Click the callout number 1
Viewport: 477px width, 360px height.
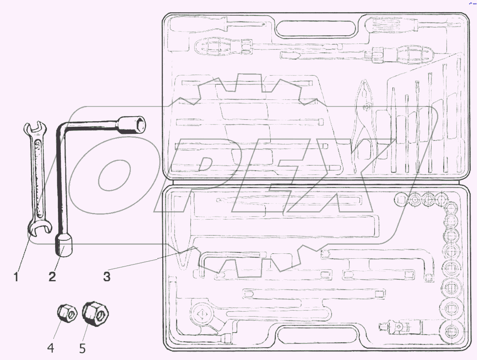[16, 277]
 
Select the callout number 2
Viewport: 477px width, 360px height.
[52, 277]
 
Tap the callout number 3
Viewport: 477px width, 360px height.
[107, 277]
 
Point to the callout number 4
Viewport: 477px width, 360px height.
[51, 348]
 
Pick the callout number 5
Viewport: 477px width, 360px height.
[82, 348]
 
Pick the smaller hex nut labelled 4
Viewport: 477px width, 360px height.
[67, 313]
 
